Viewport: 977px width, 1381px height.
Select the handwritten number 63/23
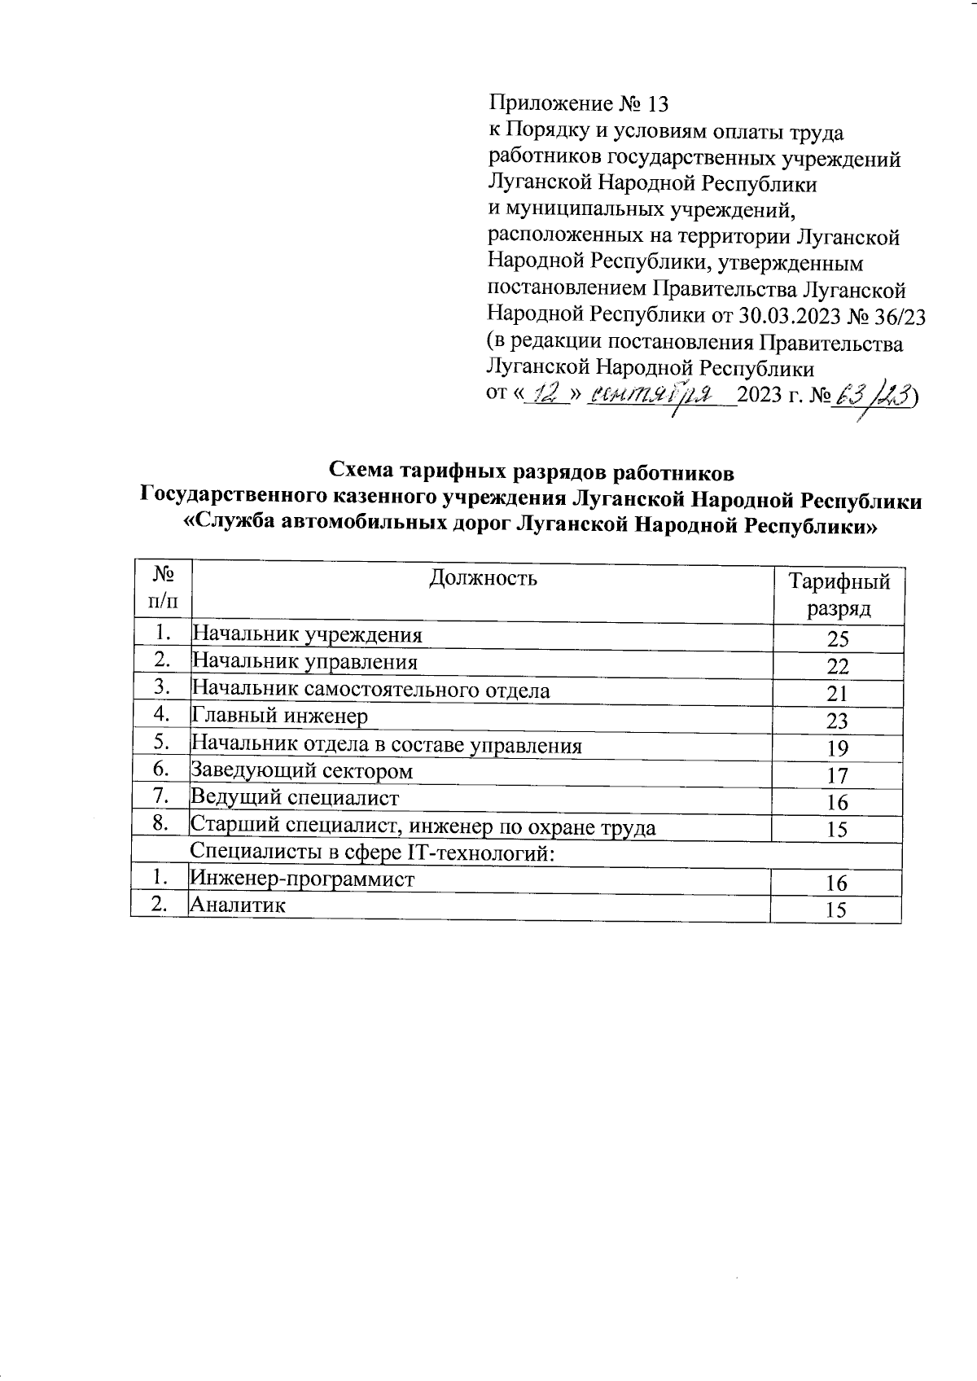[873, 396]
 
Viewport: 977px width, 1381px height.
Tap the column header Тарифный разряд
[839, 595]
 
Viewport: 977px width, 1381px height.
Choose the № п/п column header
[161, 588]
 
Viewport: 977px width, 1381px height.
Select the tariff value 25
[838, 639]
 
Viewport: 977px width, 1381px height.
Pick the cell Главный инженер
[279, 717]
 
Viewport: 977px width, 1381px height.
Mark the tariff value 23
[838, 721]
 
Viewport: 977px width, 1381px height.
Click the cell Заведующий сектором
[301, 771]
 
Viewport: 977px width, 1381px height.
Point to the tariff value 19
[838, 748]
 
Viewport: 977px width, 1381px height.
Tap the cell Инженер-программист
[302, 879]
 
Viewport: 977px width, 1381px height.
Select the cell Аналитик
[238, 905]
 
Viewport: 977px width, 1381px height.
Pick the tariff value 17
[838, 776]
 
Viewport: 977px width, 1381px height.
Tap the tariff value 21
[838, 694]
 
